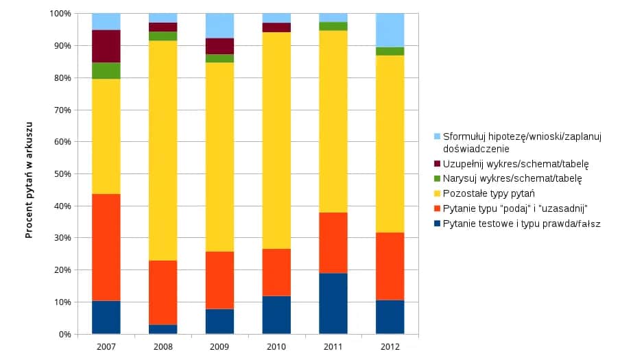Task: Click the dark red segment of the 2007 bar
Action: pyautogui.click(x=106, y=46)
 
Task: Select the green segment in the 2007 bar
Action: pyautogui.click(x=106, y=71)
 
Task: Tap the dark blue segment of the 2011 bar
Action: pyautogui.click(x=333, y=303)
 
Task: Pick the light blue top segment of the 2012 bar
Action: pyautogui.click(x=390, y=30)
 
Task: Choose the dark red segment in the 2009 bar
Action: pyautogui.click(x=219, y=46)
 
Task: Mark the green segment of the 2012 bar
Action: pyautogui.click(x=390, y=51)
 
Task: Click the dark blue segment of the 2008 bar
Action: pyautogui.click(x=163, y=329)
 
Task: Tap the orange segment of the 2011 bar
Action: pyautogui.click(x=333, y=243)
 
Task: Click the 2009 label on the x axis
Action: pyautogui.click(x=219, y=348)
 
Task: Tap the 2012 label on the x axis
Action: pyautogui.click(x=390, y=348)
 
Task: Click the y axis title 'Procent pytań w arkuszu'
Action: pyautogui.click(x=29, y=174)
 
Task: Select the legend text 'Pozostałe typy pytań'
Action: pyautogui.click(x=488, y=193)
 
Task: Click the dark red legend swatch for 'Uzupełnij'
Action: pyautogui.click(x=436, y=164)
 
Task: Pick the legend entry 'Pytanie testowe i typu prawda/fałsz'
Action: pyautogui.click(x=521, y=224)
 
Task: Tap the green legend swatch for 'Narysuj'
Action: pyautogui.click(x=436, y=179)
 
